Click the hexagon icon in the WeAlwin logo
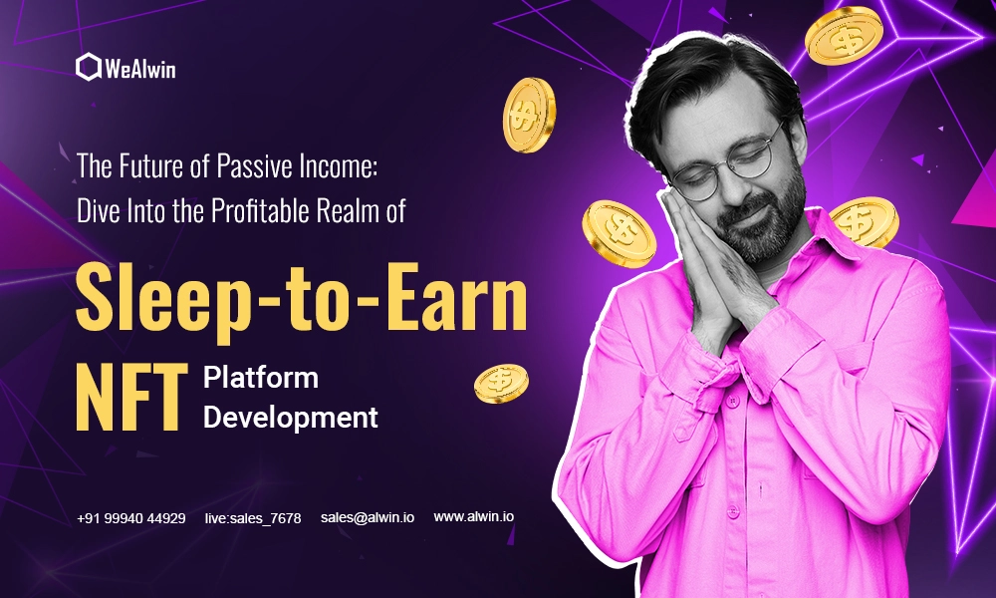(x=89, y=67)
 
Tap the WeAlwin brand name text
(x=140, y=68)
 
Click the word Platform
(x=260, y=378)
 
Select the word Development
(x=290, y=418)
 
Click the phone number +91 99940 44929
(x=130, y=518)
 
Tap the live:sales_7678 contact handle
(x=253, y=518)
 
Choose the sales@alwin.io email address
(x=368, y=518)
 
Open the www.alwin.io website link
(x=474, y=516)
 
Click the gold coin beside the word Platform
(x=501, y=383)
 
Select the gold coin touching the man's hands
(x=619, y=233)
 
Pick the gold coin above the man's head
(x=844, y=36)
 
